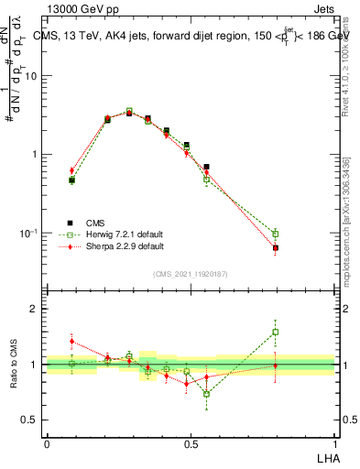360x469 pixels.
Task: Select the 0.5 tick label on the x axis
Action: [191, 442]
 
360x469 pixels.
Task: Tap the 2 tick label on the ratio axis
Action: [35, 310]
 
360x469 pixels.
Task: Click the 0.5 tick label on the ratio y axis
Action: [29, 420]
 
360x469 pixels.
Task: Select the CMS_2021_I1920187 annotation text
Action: [191, 274]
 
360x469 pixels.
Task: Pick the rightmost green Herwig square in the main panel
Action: [275, 234]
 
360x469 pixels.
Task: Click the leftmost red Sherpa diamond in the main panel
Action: [71, 170]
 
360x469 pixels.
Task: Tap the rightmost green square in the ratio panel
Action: [275, 332]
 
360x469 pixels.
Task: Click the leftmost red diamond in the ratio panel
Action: [71, 341]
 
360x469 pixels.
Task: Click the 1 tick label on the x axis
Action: [335, 442]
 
